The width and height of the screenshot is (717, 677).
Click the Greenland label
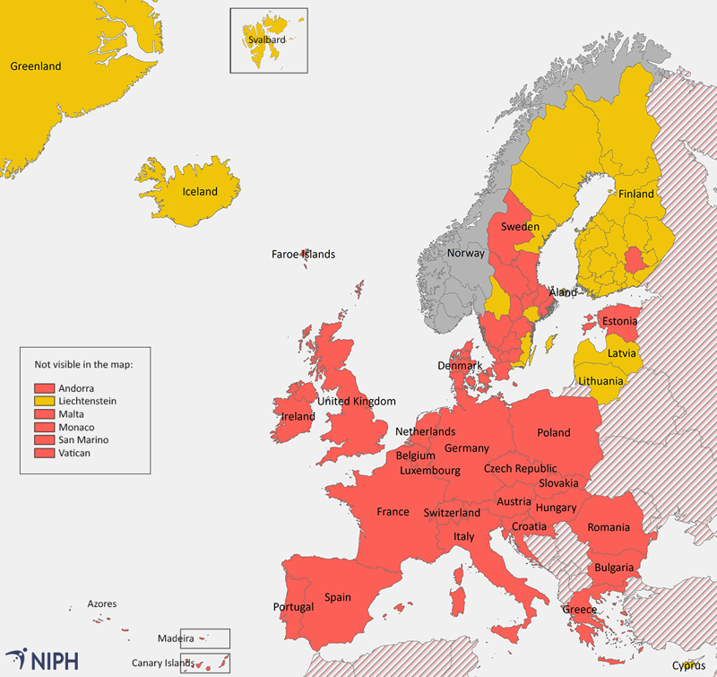coord(35,66)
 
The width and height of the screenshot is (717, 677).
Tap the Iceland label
coord(200,192)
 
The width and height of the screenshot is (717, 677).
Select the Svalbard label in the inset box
coord(266,40)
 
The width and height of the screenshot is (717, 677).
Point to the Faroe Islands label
coord(303,255)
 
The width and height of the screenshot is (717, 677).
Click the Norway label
coord(465,253)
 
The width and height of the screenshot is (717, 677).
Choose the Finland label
coord(636,194)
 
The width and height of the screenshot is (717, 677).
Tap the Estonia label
coord(619,321)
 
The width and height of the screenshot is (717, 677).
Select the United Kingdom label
coord(357,401)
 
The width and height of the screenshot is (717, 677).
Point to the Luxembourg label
coord(430,470)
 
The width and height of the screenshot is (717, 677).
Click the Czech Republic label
coord(520,468)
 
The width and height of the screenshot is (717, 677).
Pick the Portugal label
coord(293,607)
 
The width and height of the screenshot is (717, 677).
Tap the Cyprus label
coord(688,665)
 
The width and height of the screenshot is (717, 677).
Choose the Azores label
coord(101,604)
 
